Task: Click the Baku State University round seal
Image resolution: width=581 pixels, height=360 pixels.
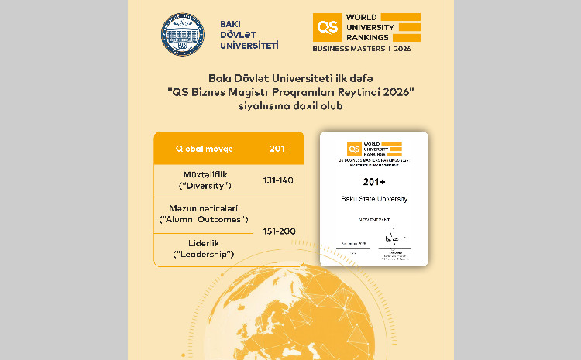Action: point(184,36)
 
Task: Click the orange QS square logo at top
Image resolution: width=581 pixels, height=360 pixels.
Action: point(325,27)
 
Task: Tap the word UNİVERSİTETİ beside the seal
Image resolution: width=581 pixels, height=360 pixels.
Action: point(249,46)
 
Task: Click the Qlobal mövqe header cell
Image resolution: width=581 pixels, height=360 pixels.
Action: point(204,148)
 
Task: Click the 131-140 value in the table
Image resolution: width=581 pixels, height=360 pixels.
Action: point(277,181)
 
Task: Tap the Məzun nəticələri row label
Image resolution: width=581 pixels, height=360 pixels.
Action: point(203,208)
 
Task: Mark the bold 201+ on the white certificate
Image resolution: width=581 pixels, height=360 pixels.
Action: point(373,183)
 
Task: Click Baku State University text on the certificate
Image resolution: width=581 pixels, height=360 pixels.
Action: point(373,200)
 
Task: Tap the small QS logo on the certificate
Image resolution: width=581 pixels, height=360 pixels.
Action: point(353,147)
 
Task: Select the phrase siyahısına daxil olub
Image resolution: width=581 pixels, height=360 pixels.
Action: point(290,107)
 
